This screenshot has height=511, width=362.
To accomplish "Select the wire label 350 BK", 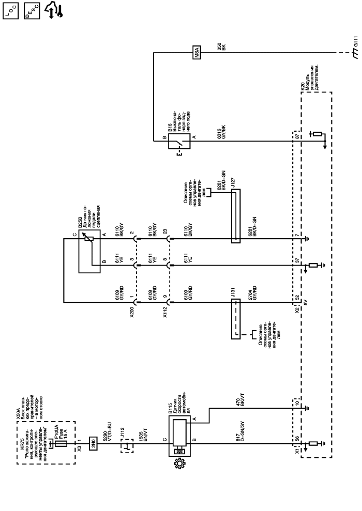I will click(221, 47).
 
